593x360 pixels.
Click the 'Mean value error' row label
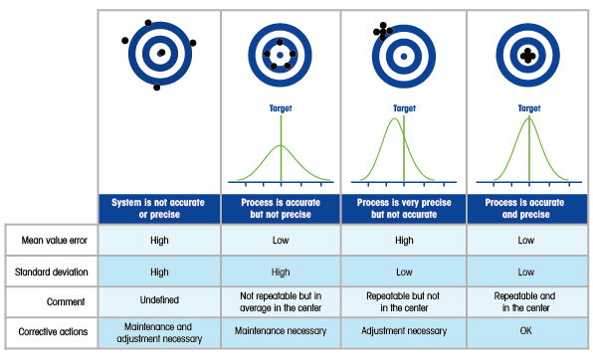point(54,240)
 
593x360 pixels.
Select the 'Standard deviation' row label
point(51,271)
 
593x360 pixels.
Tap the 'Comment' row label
point(66,301)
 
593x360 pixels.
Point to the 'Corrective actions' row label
point(53,331)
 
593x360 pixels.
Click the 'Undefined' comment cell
point(159,300)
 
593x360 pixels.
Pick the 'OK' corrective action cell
point(525,331)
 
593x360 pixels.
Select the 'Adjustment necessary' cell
point(404,331)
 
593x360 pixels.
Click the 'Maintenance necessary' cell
point(281,331)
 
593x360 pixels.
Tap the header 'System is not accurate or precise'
point(158,209)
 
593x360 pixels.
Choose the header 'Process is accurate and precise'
point(525,209)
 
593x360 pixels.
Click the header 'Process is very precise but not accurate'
point(404,209)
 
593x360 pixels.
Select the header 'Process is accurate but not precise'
point(281,209)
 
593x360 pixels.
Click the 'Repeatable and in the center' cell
point(525,301)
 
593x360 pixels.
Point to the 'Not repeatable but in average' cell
point(281,301)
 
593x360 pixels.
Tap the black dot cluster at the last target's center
point(528,56)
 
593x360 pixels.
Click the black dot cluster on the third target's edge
point(383,31)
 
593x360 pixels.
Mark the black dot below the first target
point(156,88)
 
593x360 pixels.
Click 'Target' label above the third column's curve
point(404,108)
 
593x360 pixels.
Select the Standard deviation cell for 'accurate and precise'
point(525,271)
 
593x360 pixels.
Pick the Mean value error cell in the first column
point(159,240)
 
